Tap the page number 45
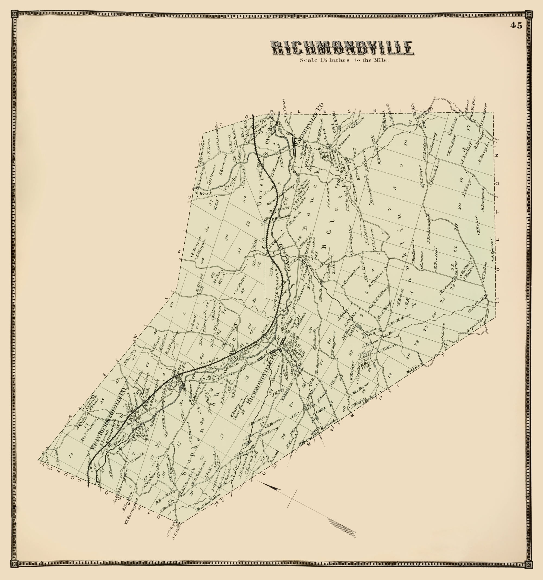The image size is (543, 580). (516, 26)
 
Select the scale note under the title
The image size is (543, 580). (345, 60)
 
